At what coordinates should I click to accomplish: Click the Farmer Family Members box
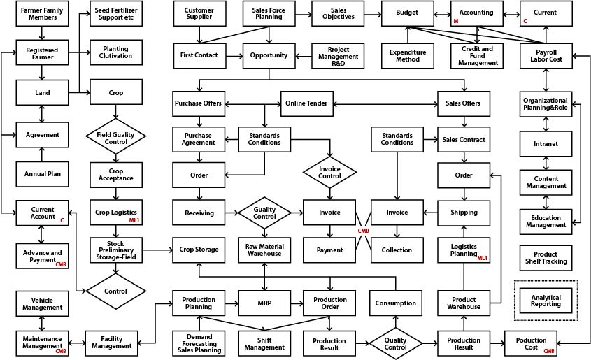click(42, 13)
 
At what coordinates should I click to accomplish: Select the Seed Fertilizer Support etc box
click(116, 13)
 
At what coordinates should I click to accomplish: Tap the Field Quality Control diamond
click(115, 136)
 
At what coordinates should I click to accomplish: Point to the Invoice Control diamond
click(329, 171)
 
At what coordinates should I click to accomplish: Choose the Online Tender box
click(306, 103)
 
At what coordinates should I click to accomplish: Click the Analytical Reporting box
click(546, 300)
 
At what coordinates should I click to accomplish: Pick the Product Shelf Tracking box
click(546, 258)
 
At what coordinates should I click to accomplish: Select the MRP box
click(264, 303)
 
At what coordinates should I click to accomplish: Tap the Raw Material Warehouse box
click(264, 250)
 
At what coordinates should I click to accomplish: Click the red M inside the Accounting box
click(456, 22)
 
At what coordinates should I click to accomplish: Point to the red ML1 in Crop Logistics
click(134, 220)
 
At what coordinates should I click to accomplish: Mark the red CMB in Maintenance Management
click(61, 351)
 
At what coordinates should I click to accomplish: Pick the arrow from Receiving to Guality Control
click(232, 213)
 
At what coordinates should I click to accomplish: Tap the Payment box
click(329, 250)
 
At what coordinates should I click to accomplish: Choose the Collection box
click(397, 250)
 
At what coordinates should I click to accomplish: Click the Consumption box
click(396, 303)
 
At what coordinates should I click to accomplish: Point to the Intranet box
click(546, 143)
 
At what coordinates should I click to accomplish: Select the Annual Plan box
click(42, 174)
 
